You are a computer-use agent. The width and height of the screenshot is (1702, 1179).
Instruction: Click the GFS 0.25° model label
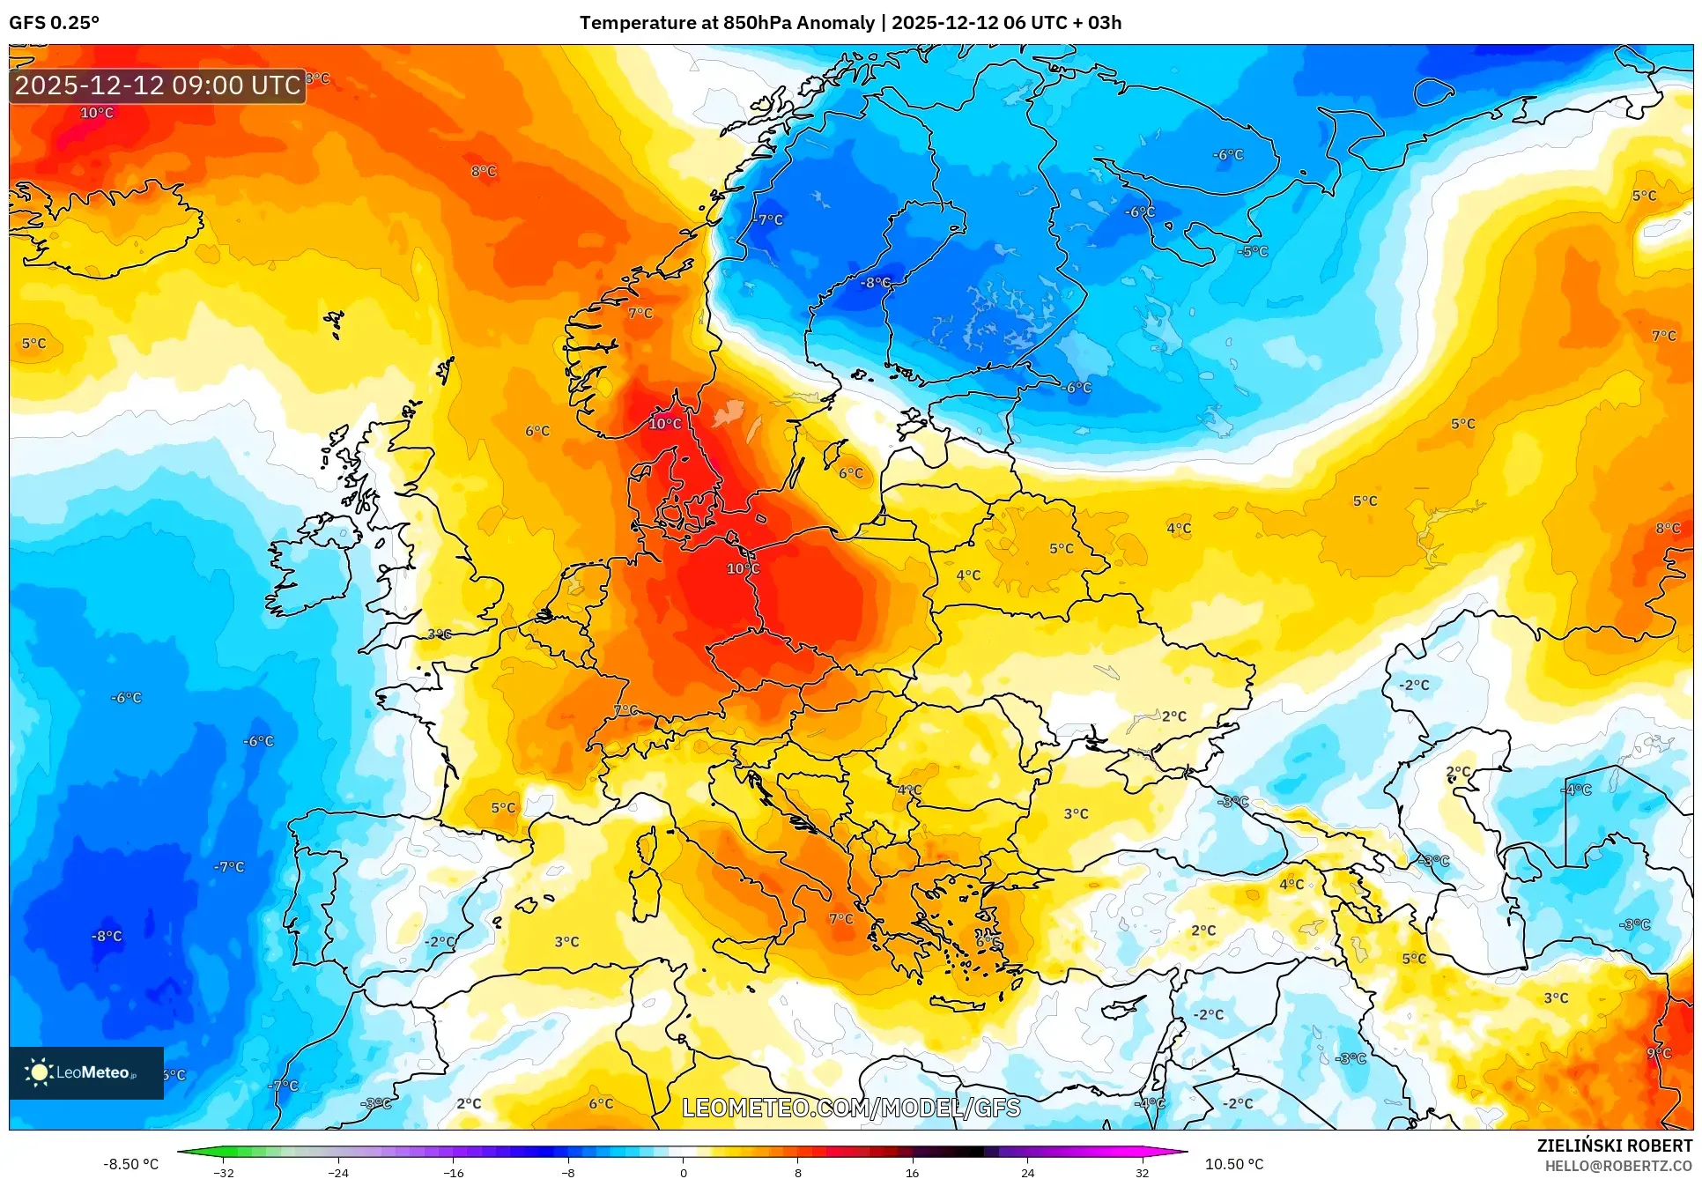tap(54, 22)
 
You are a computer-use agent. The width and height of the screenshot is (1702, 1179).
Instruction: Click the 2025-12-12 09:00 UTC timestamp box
tap(158, 85)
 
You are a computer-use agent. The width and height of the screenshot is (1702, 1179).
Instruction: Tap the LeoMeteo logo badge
tap(86, 1072)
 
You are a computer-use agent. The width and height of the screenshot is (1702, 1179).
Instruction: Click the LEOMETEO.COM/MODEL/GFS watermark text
tap(851, 1108)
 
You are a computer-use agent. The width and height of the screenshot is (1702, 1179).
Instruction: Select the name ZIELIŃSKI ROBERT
tap(1614, 1146)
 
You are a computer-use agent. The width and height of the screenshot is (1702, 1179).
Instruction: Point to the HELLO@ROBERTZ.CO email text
tap(1618, 1166)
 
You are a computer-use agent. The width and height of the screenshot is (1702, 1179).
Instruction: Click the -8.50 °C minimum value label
tap(130, 1164)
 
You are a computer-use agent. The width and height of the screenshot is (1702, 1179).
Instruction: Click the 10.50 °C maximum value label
tap(1233, 1164)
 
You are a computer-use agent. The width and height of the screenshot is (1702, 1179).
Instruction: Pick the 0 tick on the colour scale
tap(683, 1172)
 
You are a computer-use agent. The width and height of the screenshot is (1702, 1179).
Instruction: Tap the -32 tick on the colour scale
tap(224, 1172)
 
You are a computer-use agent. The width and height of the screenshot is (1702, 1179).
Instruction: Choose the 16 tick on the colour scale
tap(912, 1172)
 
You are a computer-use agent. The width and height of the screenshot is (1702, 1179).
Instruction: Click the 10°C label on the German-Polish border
tap(743, 568)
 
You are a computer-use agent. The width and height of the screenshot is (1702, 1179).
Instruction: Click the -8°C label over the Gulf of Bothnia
tap(875, 283)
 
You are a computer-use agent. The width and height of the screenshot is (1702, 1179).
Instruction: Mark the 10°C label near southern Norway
tap(664, 423)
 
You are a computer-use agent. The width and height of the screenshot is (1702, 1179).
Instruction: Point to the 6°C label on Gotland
tap(850, 473)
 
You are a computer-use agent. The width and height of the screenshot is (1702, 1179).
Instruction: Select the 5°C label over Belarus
tap(1061, 548)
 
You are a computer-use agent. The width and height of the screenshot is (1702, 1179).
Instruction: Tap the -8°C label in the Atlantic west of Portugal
tap(107, 936)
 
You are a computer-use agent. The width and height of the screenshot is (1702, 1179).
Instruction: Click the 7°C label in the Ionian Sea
tap(840, 918)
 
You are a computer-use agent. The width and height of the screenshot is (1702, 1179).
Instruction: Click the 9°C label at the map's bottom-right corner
tap(1658, 1053)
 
